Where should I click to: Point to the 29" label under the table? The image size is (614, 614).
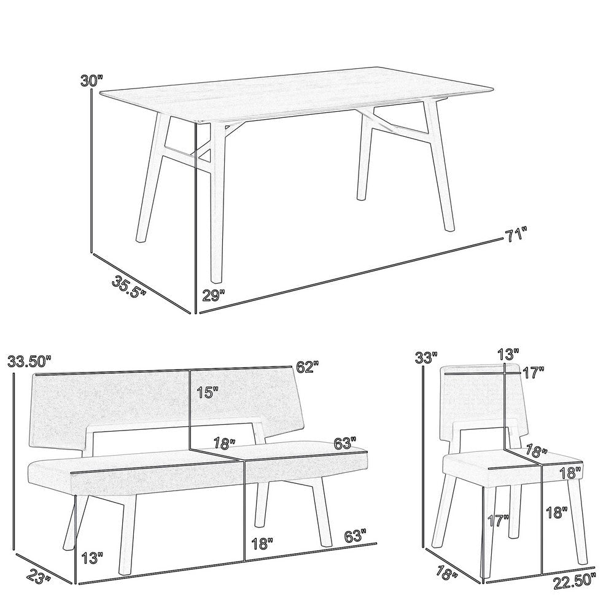click(x=213, y=294)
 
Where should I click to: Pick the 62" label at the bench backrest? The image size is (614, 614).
click(x=307, y=368)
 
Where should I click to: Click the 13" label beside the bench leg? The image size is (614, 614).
click(x=92, y=557)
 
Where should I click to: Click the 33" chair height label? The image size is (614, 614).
click(x=427, y=356)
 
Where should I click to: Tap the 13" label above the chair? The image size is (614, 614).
click(x=508, y=354)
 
